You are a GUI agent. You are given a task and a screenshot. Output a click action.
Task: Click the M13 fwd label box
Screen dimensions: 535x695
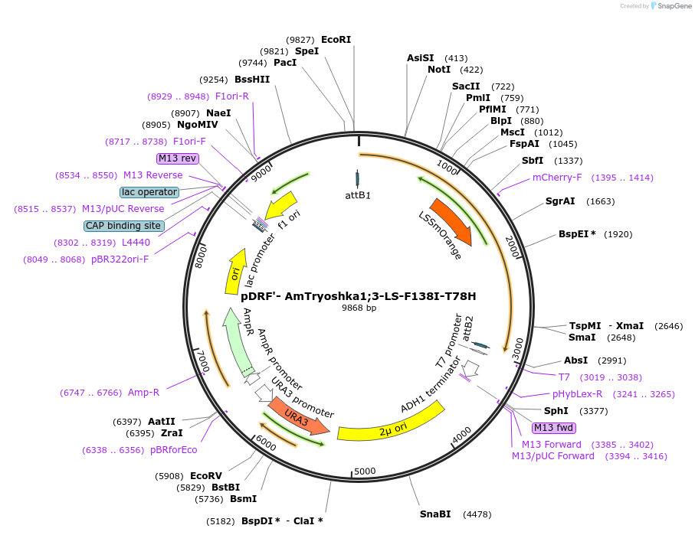[554, 428]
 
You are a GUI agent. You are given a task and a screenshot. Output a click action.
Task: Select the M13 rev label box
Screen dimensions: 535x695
[177, 158]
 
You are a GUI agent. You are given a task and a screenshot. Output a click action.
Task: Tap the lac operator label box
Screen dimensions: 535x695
[149, 192]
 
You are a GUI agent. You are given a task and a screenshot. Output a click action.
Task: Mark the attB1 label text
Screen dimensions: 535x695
[358, 195]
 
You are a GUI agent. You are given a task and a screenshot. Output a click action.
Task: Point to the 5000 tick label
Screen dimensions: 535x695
[365, 471]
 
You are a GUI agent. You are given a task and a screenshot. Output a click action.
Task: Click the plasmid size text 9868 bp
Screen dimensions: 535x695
[359, 308]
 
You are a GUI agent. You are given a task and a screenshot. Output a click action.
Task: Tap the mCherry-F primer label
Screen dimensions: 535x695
[557, 178]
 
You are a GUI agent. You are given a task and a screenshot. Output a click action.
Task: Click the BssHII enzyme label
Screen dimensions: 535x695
[252, 80]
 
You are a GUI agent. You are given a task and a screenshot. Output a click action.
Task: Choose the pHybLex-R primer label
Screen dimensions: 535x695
[578, 394]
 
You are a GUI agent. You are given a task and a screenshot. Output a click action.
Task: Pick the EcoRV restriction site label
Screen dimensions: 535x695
[205, 475]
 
